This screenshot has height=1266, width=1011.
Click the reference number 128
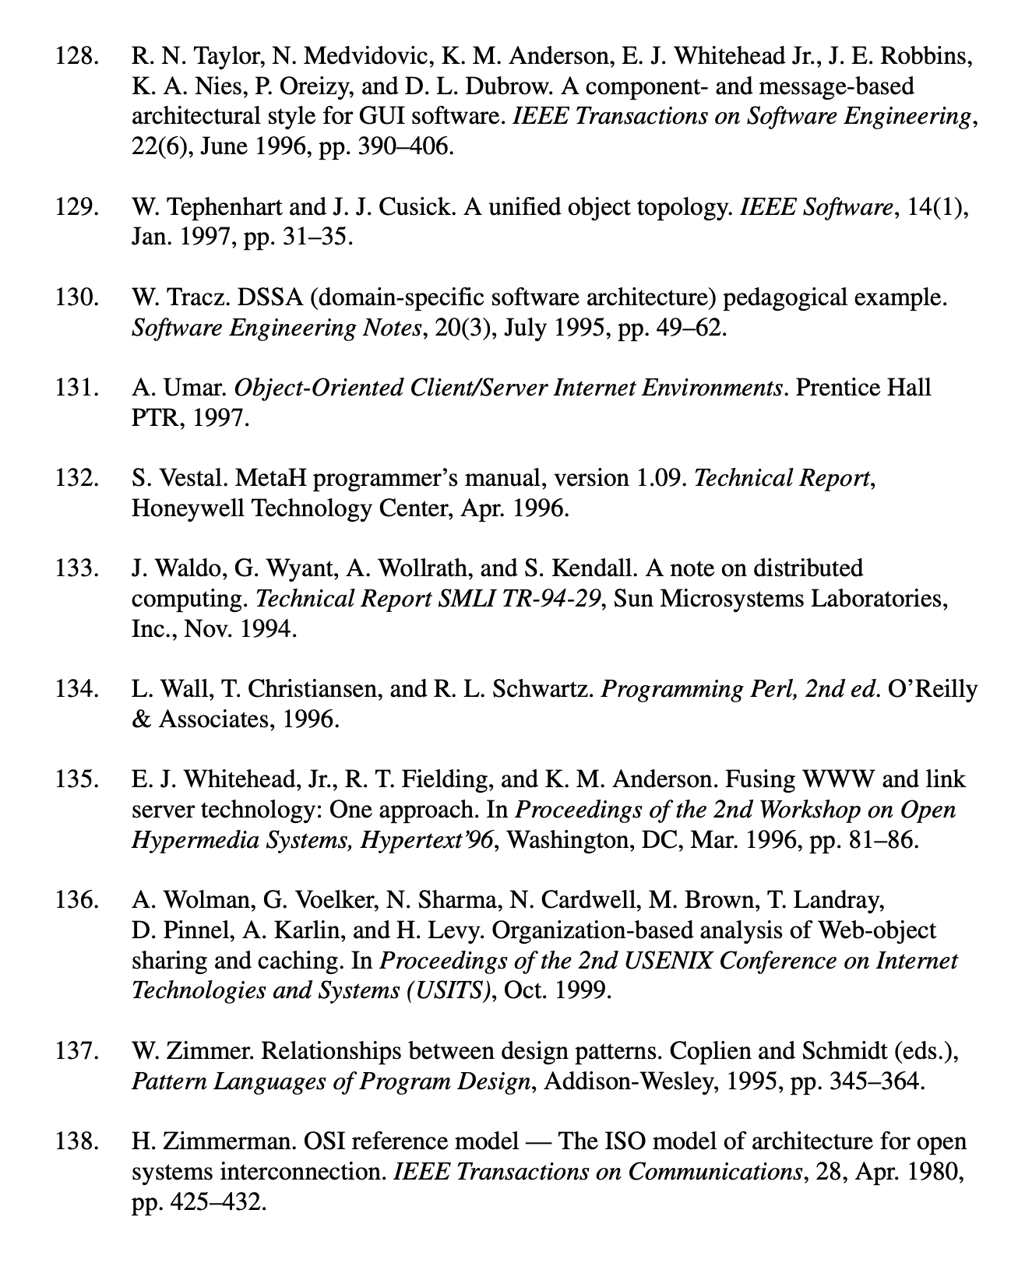[76, 56]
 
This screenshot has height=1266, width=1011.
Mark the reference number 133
[76, 568]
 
